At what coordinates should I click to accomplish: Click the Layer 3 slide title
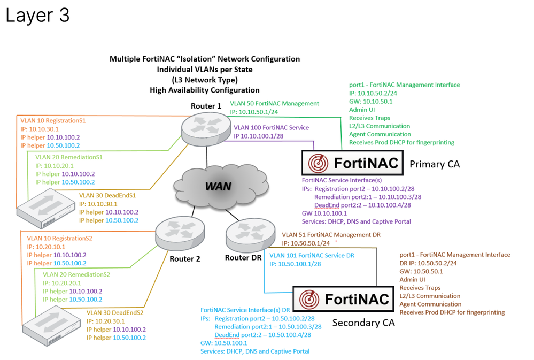click(37, 16)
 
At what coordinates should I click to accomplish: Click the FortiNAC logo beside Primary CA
click(352, 163)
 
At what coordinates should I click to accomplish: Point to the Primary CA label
click(435, 164)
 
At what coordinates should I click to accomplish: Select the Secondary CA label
click(363, 323)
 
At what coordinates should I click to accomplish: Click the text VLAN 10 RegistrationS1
click(53, 121)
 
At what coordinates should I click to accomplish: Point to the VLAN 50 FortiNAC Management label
click(274, 103)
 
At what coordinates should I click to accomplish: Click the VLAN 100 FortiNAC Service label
click(271, 128)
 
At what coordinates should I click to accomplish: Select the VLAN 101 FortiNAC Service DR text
click(312, 256)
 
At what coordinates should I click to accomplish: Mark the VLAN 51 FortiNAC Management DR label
click(331, 234)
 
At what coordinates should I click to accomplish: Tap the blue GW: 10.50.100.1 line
click(224, 343)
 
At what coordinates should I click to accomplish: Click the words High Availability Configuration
click(205, 90)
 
